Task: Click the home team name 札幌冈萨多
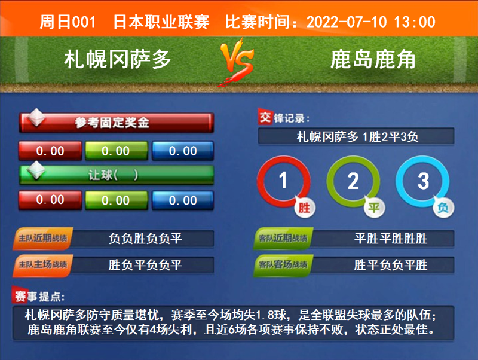click(118, 59)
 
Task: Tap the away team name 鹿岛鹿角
click(373, 59)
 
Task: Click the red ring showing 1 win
click(284, 181)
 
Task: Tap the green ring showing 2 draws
click(353, 181)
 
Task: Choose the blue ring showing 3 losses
click(423, 181)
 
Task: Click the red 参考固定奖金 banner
click(116, 123)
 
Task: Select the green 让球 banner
click(116, 175)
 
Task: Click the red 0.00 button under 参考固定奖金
click(50, 151)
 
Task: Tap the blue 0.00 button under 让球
click(182, 200)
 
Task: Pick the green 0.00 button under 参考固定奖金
click(115, 151)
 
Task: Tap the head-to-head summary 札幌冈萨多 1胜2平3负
click(357, 136)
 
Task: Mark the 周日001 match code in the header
click(67, 22)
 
